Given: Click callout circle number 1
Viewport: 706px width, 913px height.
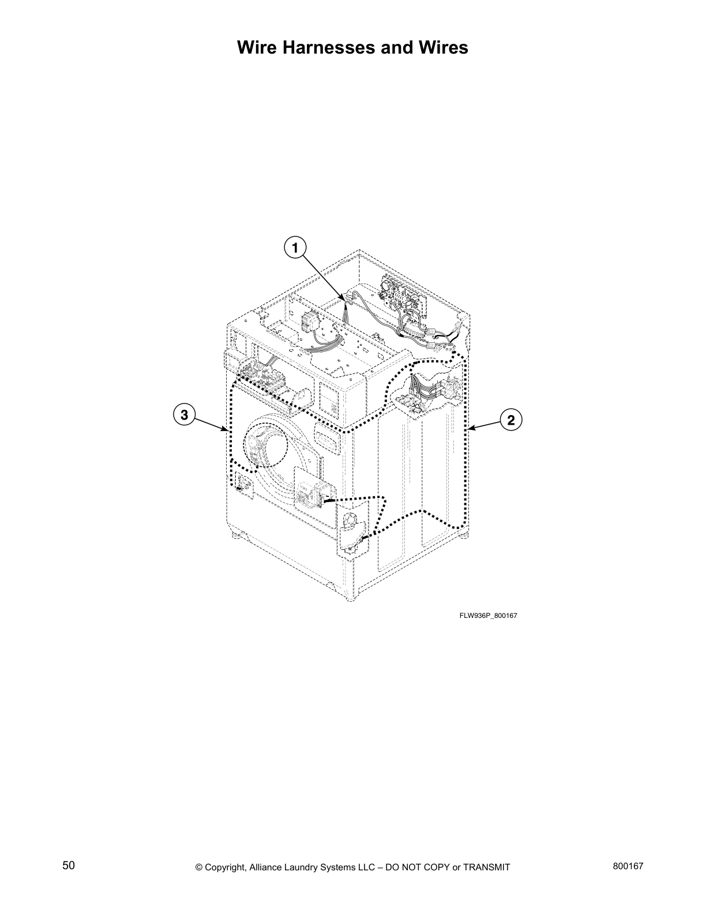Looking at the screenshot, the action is click(x=295, y=248).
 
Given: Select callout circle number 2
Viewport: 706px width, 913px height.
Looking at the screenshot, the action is click(x=511, y=420).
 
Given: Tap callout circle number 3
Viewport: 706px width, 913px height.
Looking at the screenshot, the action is click(x=184, y=415).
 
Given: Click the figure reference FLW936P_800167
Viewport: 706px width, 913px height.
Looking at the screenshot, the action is click(x=488, y=616).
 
